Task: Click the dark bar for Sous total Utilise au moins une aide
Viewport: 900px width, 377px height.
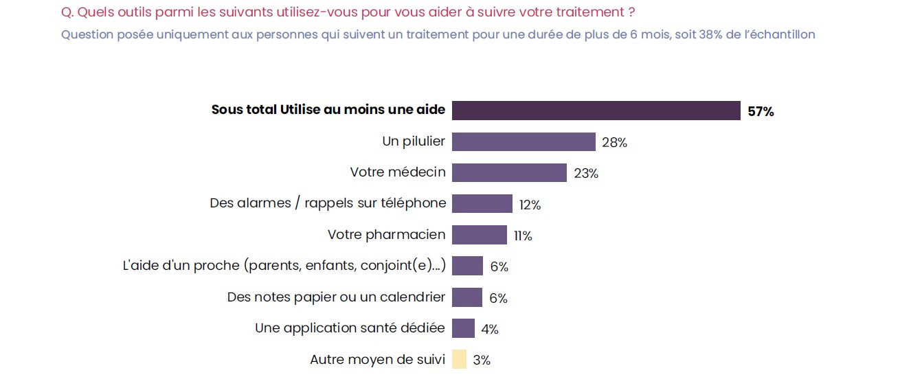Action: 596,111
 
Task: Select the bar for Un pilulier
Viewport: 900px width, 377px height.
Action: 524,142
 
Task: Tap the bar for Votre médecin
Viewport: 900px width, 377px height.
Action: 509,173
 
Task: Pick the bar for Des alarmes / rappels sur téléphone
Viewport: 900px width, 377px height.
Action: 482,204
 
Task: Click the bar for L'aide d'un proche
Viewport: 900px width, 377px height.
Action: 467,266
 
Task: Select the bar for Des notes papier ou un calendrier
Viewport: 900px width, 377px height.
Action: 467,297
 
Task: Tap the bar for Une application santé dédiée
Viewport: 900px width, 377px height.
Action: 463,328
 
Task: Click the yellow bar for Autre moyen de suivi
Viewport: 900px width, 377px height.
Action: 459,359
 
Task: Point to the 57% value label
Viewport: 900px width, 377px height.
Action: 761,112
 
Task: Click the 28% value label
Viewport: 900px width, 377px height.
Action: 614,143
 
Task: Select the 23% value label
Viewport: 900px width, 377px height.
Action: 586,174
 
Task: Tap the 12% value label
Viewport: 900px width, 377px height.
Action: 530,205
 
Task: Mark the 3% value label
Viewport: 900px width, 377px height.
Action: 482,360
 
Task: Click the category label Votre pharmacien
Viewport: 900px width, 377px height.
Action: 386,235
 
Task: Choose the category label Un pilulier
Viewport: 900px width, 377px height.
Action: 414,141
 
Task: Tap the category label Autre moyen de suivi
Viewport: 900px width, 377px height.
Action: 377,359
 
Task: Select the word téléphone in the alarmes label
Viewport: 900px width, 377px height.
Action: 413,203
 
